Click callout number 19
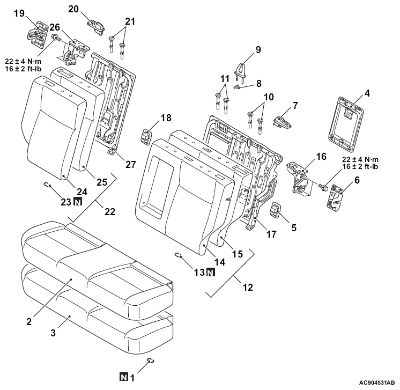click(19, 13)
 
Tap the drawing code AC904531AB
click(377, 382)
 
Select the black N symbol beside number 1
click(124, 377)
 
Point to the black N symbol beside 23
click(78, 202)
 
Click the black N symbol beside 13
click(211, 273)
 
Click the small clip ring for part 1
click(151, 360)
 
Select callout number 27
click(131, 164)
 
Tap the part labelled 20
click(96, 26)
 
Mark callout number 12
click(248, 288)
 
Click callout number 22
click(110, 211)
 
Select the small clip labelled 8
click(237, 87)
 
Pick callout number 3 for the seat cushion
click(53, 333)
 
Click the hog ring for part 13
click(178, 255)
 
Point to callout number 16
click(321, 156)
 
